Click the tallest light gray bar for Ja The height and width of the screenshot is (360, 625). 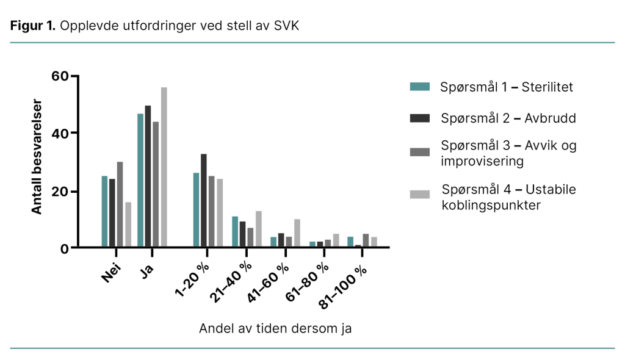(x=164, y=167)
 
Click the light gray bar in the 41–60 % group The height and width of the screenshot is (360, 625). (x=297, y=233)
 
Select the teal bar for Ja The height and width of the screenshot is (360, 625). (x=140, y=180)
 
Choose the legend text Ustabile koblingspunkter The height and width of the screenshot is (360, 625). (x=508, y=197)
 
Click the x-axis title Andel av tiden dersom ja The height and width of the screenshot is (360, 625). (x=275, y=328)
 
